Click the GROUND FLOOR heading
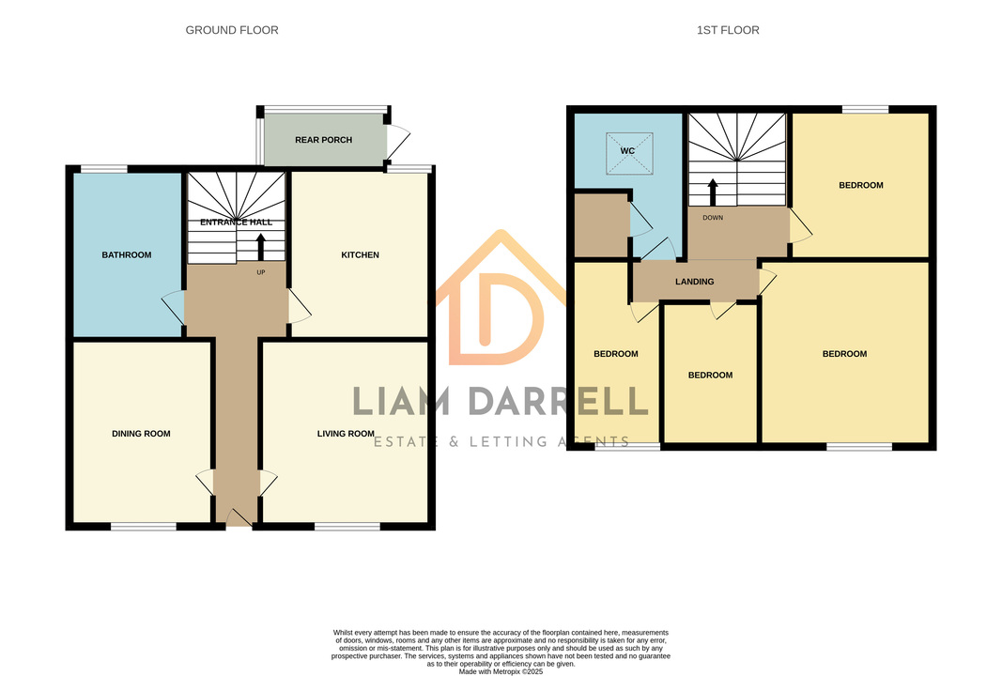pyautogui.click(x=232, y=30)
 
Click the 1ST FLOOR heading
pyautogui.click(x=728, y=30)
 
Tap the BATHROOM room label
pyautogui.click(x=127, y=255)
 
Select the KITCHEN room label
pyautogui.click(x=360, y=255)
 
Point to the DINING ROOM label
pyautogui.click(x=141, y=434)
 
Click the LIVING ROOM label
pyautogui.click(x=346, y=434)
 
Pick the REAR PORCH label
pyautogui.click(x=323, y=140)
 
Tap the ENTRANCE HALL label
pyautogui.click(x=236, y=223)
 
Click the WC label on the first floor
pyautogui.click(x=627, y=151)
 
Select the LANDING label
pyautogui.click(x=695, y=282)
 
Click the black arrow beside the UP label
pyautogui.click(x=261, y=247)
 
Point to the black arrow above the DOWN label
pyautogui.click(x=713, y=192)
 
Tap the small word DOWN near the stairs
pyautogui.click(x=713, y=218)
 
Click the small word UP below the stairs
pyautogui.click(x=261, y=272)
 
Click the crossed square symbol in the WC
pyautogui.click(x=629, y=153)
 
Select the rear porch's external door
pyautogui.click(x=397, y=142)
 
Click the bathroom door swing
pyautogui.click(x=173, y=307)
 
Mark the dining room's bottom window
pyautogui.click(x=144, y=527)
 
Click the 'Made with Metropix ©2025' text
pyautogui.click(x=501, y=671)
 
